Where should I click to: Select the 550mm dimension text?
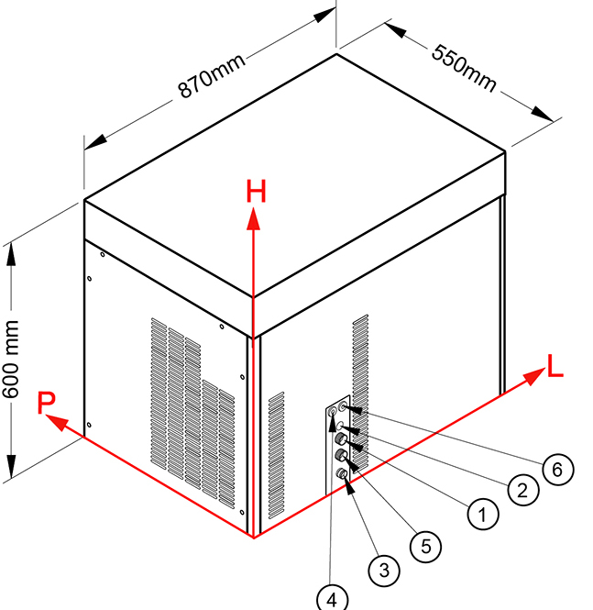[x=464, y=67]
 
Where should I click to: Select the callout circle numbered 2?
[x=522, y=489]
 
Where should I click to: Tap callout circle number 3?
[x=384, y=570]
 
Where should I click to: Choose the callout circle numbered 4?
[x=332, y=599]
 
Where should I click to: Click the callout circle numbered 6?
[x=557, y=469]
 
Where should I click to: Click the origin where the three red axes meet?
[x=254, y=537]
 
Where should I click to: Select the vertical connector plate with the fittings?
[x=338, y=441]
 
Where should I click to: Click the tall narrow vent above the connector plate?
[x=359, y=358]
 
